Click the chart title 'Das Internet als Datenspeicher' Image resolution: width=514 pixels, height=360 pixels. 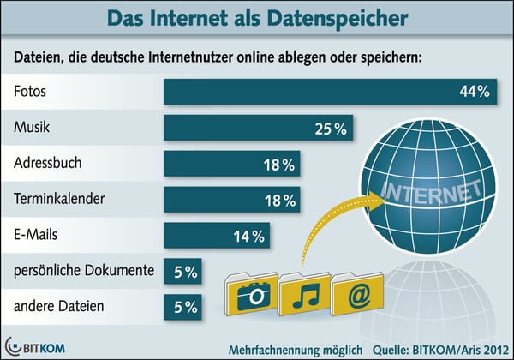pos(257,16)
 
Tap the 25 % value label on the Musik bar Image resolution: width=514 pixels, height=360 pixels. pos(328,129)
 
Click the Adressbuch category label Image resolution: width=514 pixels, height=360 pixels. pos(48,163)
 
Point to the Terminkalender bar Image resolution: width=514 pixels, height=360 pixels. pos(231,200)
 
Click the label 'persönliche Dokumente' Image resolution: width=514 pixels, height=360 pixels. pos(83,271)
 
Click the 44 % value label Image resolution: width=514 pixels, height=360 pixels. pos(472,92)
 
